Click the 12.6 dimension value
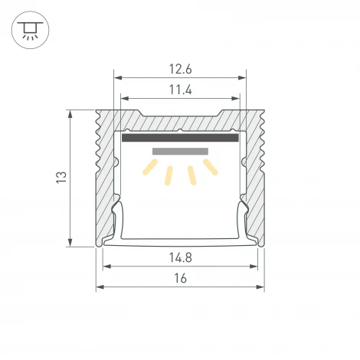click(180, 69)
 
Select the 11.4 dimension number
click(180, 90)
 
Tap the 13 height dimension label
click(61, 177)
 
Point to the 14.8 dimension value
click(180, 257)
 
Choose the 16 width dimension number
click(180, 278)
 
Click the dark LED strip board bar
click(180, 138)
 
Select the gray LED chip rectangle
click(180, 152)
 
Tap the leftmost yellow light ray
click(150, 167)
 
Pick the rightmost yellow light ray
click(211, 167)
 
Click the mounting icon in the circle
click(30, 30)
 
